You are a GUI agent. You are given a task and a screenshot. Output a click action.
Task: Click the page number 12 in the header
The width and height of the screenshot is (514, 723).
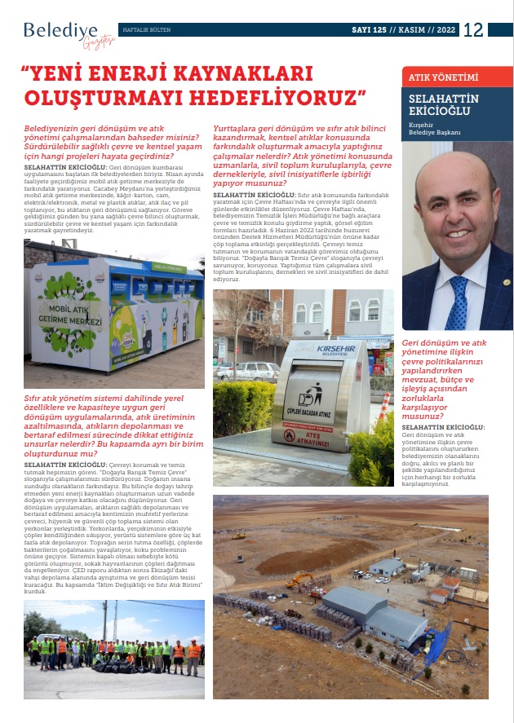pyautogui.click(x=474, y=30)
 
